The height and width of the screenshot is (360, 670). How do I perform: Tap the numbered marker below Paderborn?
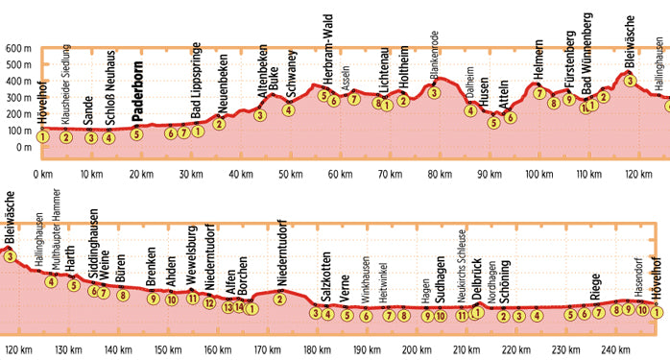coord(137,134)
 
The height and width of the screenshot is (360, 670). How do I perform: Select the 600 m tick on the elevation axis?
coord(16,48)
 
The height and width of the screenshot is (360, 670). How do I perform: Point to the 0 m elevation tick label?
coord(22,147)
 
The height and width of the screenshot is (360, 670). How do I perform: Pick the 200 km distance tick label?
coord(416,350)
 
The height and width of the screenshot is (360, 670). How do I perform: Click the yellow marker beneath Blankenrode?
coord(435,93)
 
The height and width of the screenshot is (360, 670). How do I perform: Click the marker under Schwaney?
coord(288,109)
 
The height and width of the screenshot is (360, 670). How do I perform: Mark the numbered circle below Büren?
coord(123,295)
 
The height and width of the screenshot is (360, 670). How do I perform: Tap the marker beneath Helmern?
coord(539,93)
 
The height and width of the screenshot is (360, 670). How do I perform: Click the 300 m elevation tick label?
coord(16,98)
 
